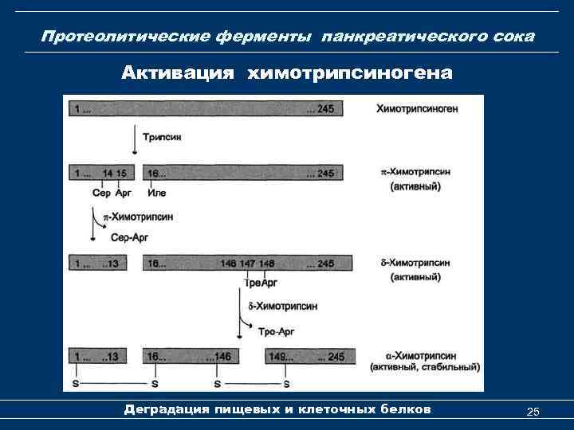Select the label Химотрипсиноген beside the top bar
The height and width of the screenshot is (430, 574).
(417, 109)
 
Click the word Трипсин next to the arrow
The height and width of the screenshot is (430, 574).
(163, 137)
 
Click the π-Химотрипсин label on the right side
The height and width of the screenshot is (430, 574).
(415, 171)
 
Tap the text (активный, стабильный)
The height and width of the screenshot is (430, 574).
(425, 367)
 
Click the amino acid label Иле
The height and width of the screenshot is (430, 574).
(156, 192)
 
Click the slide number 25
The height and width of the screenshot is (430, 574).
(533, 411)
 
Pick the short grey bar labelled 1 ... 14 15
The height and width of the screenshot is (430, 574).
(101, 173)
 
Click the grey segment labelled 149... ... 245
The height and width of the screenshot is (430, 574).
(308, 356)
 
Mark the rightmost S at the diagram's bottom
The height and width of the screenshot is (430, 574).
(285, 385)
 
